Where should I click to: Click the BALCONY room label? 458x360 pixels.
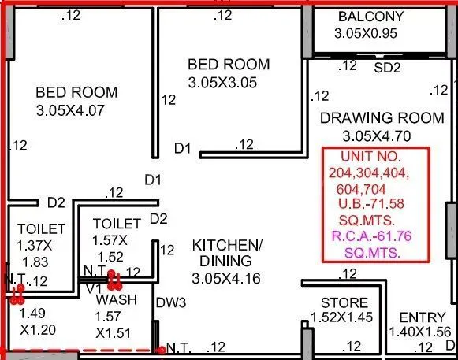pyautogui.click(x=370, y=17)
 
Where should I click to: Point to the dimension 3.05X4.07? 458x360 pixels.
pyautogui.click(x=76, y=111)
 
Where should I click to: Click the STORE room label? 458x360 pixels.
pyautogui.click(x=344, y=303)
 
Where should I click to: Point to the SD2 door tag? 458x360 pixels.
pyautogui.click(x=387, y=68)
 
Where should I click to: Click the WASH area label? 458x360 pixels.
pyautogui.click(x=116, y=300)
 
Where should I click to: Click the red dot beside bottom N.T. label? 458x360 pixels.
pyautogui.click(x=161, y=350)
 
